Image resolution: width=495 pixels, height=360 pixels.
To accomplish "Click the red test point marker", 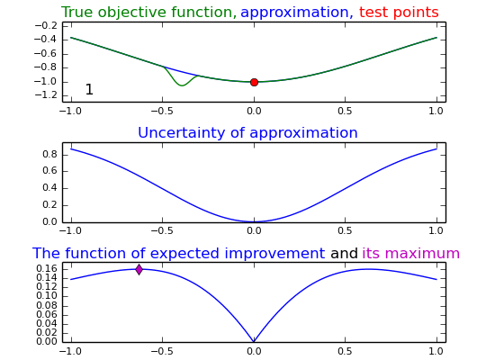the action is pos(254,82).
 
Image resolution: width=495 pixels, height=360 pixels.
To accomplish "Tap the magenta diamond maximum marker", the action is pos(139,269).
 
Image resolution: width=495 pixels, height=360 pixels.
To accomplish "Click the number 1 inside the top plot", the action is pos(89,89).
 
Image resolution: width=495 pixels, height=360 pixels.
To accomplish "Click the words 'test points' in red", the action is pos(399,13).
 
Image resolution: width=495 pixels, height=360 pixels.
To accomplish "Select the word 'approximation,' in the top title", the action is pos(297,13).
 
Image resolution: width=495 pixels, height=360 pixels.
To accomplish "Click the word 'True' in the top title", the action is pos(77,13).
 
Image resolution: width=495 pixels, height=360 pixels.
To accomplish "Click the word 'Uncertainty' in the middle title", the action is pos(182,132).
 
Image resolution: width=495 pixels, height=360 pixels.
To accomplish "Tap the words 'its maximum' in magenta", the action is pos(410,253).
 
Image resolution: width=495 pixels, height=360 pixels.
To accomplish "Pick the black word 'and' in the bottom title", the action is pos(344,253).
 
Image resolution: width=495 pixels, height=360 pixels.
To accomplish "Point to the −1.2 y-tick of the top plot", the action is pos(46,94).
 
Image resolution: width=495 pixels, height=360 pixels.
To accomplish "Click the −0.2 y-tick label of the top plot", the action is pos(46,25).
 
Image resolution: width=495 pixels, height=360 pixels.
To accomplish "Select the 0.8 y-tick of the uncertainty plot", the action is pos(49,155).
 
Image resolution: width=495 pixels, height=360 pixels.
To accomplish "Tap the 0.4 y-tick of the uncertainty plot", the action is pos(49,188).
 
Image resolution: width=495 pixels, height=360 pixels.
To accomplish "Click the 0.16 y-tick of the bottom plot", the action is pos(47,269).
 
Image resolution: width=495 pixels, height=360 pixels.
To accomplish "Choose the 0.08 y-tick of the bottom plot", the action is pos(47,305).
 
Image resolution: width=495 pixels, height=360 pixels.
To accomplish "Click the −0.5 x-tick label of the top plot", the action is pos(163,112).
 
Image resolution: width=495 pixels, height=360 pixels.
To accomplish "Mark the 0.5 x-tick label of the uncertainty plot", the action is pos(345,230).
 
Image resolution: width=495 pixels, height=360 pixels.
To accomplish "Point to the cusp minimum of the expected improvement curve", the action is pos(254,341).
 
